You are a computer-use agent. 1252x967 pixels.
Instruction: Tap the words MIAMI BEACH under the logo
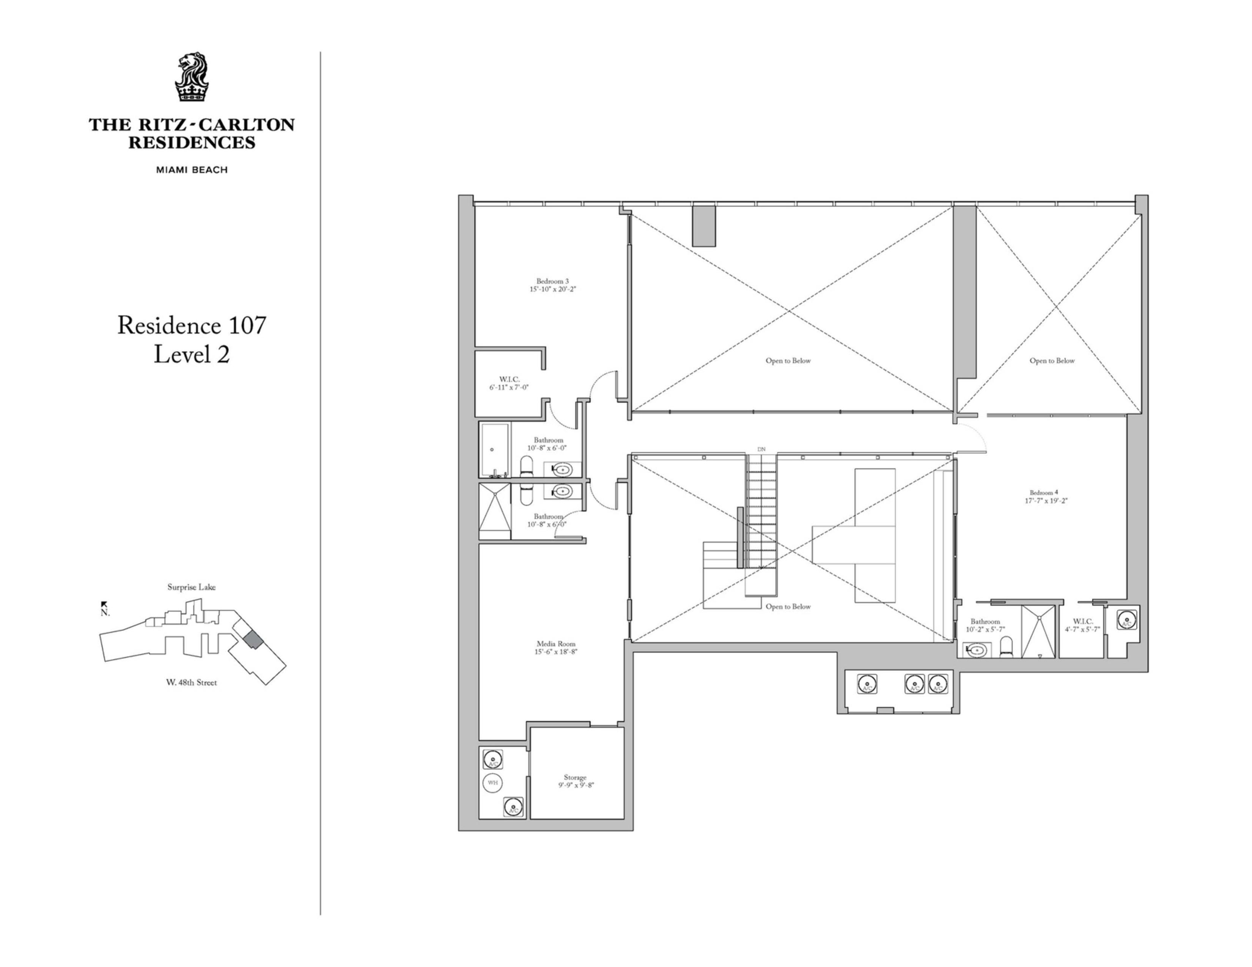coord(192,170)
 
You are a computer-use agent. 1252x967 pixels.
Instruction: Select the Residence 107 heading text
coord(192,325)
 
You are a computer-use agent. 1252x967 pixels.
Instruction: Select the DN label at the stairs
coord(761,449)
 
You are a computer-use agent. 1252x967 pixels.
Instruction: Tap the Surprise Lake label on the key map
coord(192,587)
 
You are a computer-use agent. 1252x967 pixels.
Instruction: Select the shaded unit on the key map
coord(252,640)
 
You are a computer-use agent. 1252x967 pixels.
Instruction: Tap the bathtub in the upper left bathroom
coord(494,450)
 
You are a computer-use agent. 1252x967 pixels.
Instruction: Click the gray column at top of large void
coord(704,226)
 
